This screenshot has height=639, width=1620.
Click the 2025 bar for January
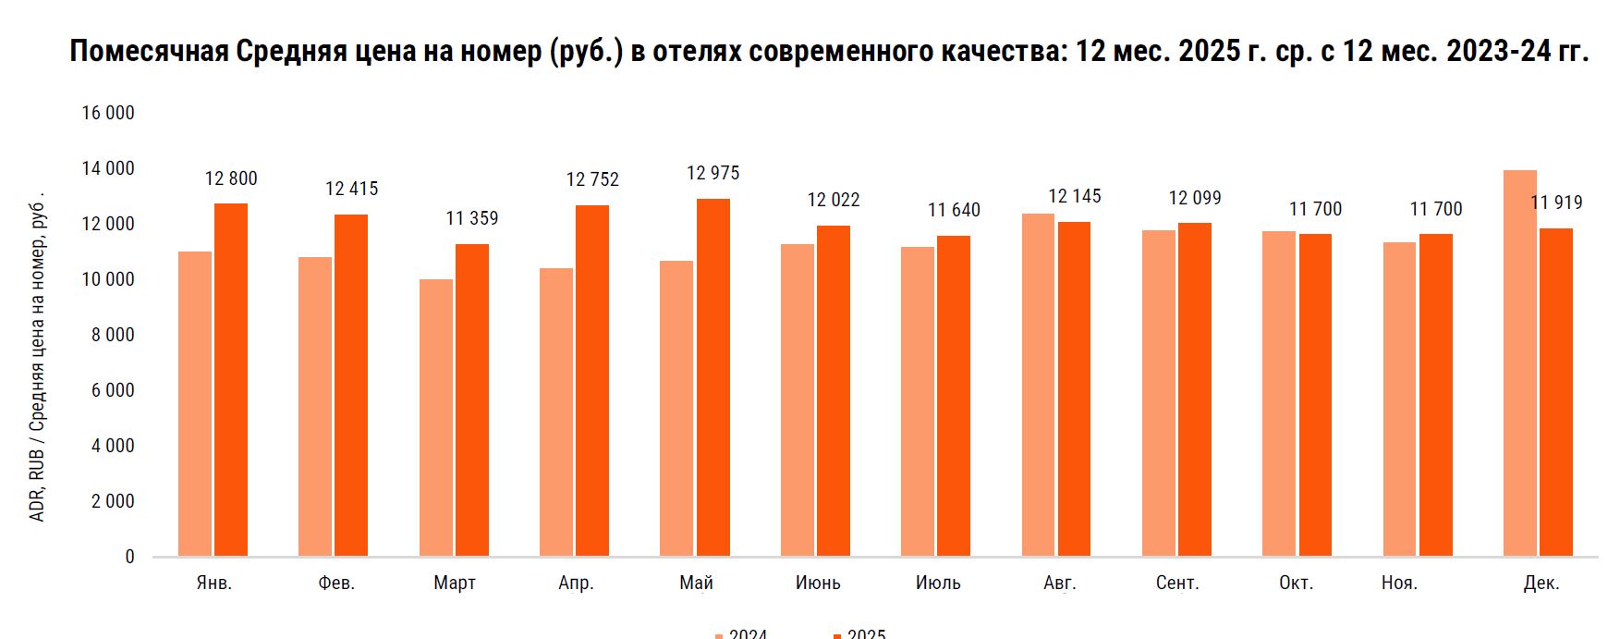[231, 379]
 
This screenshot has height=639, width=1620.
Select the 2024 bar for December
[1519, 363]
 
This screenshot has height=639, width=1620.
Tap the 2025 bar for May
[713, 377]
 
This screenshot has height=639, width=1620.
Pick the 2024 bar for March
[435, 417]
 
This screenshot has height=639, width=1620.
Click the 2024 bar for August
[1038, 385]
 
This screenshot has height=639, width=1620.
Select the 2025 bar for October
[1315, 395]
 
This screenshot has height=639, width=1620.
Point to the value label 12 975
[713, 174]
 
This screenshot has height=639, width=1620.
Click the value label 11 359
[471, 219]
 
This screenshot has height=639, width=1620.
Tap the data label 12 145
[1074, 197]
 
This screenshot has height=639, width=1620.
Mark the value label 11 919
[1556, 203]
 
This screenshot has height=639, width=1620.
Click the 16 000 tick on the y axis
[108, 113]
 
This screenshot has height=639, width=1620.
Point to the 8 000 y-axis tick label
[113, 335]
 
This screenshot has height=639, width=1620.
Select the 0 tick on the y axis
[129, 557]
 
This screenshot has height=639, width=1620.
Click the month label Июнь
[818, 584]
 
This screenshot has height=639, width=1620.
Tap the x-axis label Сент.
[1177, 584]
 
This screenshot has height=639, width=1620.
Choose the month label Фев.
[336, 584]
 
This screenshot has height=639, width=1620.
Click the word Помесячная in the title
[149, 51]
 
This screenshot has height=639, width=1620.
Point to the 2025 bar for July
[954, 396]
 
